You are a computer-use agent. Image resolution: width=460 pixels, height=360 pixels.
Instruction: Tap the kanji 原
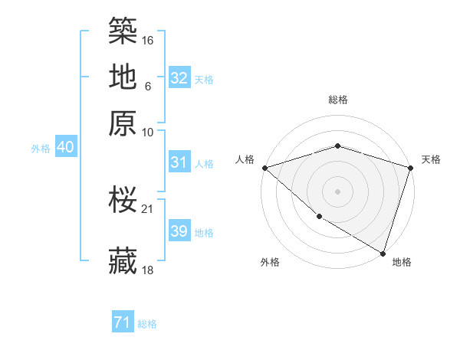click(x=123, y=123)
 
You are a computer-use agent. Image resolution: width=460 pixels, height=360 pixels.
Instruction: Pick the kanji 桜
click(x=123, y=200)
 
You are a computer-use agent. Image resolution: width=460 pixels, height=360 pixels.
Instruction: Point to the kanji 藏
click(x=123, y=261)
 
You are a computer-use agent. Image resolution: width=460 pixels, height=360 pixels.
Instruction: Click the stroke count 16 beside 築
click(x=149, y=40)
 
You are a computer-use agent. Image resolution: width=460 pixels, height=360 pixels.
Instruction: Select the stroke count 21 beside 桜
click(x=149, y=208)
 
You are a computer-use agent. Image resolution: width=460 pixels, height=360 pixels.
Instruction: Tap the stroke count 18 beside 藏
click(x=149, y=270)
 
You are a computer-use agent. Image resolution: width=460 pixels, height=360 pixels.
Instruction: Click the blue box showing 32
click(x=179, y=78)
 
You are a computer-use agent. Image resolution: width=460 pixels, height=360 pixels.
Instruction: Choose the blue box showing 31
click(x=179, y=162)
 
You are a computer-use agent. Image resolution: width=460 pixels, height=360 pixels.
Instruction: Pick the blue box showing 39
click(x=179, y=231)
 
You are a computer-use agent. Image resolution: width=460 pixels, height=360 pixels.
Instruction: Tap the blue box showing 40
click(x=65, y=148)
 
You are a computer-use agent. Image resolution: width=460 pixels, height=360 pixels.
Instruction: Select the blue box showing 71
click(x=123, y=323)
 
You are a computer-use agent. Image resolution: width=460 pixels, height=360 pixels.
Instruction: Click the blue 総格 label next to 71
click(x=147, y=324)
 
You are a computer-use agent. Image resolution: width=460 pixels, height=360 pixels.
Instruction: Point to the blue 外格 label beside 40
click(x=41, y=149)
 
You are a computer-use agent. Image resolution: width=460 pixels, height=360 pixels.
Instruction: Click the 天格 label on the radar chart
click(x=431, y=159)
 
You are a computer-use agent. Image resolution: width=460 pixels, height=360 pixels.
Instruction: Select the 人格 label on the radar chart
click(x=245, y=159)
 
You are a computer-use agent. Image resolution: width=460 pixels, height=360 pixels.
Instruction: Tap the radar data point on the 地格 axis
click(x=383, y=252)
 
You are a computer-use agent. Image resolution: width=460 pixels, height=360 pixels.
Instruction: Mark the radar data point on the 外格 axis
click(x=318, y=218)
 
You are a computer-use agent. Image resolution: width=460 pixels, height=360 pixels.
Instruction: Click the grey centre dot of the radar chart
click(x=337, y=191)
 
